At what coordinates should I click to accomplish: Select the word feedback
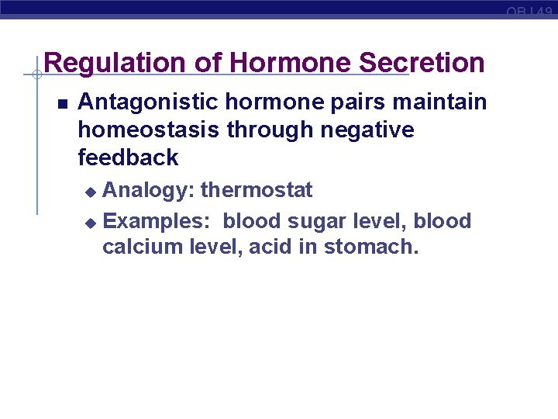click(128, 158)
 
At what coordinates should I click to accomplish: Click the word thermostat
click(257, 190)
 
